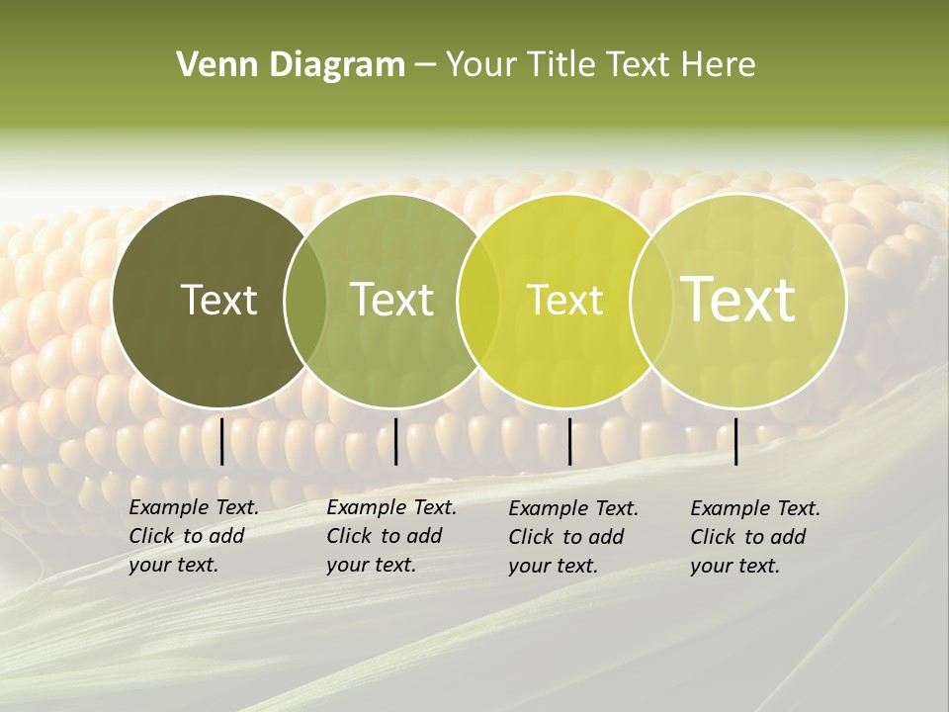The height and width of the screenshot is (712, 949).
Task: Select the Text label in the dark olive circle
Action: (x=218, y=300)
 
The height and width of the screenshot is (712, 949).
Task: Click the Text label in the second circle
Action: (x=391, y=300)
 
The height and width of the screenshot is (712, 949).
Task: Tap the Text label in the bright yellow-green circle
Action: (x=564, y=300)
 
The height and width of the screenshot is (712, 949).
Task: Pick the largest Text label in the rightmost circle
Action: (x=737, y=299)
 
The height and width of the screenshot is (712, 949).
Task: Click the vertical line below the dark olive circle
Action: (x=222, y=441)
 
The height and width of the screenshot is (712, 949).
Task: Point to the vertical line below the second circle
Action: (x=395, y=441)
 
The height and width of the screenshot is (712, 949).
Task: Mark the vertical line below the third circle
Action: (x=569, y=441)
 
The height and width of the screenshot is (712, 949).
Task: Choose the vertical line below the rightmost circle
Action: (x=735, y=441)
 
